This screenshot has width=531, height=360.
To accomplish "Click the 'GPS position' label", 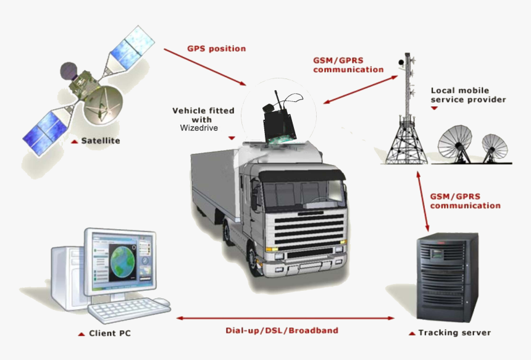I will [216, 49].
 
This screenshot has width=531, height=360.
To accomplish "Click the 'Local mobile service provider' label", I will [468, 95].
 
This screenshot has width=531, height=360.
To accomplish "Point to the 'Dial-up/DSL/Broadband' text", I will [281, 330].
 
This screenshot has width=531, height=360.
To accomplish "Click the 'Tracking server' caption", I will [454, 333].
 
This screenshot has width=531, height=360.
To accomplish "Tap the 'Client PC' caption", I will [110, 333].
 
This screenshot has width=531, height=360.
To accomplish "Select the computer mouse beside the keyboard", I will [161, 302].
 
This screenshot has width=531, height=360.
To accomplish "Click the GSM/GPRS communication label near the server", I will [465, 201].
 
